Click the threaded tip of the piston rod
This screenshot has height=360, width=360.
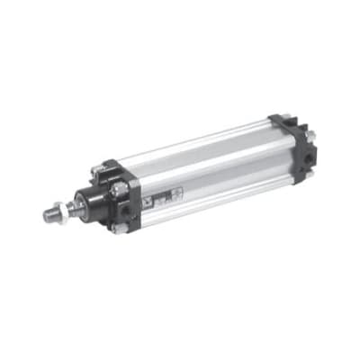click(49, 215)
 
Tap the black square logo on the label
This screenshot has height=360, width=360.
click(154, 199)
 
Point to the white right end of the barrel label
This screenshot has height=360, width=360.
click(177, 191)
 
